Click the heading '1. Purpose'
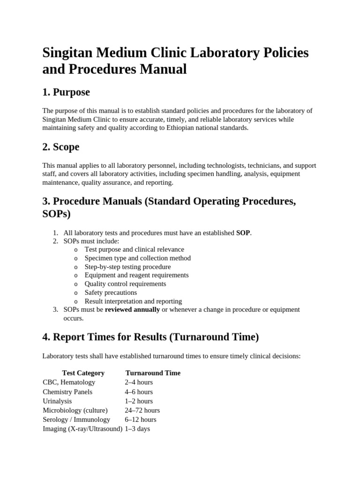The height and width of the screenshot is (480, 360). point(66,92)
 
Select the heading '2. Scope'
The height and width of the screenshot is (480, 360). point(60,147)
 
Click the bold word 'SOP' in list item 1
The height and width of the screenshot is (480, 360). point(243,232)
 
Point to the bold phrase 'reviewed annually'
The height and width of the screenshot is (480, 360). point(132,309)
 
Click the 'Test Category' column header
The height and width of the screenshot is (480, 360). point(83,373)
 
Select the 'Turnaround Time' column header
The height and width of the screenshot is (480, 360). point(153,373)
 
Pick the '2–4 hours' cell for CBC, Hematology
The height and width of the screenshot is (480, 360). point(139,382)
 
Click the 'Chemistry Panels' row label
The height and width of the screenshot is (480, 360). point(67,392)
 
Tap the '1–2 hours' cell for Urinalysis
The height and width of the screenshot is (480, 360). point(139,401)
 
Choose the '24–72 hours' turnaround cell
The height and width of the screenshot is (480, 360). point(142,410)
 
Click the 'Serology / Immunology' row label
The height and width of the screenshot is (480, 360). point(76,420)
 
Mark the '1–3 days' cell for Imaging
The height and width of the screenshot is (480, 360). point(137,429)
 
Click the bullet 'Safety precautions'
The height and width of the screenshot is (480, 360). point(111,292)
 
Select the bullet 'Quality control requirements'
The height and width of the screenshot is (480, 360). point(125,284)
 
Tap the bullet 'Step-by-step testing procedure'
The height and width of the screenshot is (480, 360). point(127,267)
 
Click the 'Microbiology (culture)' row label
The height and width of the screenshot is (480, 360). point(75,410)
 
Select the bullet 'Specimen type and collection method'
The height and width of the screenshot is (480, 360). point(137,258)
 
